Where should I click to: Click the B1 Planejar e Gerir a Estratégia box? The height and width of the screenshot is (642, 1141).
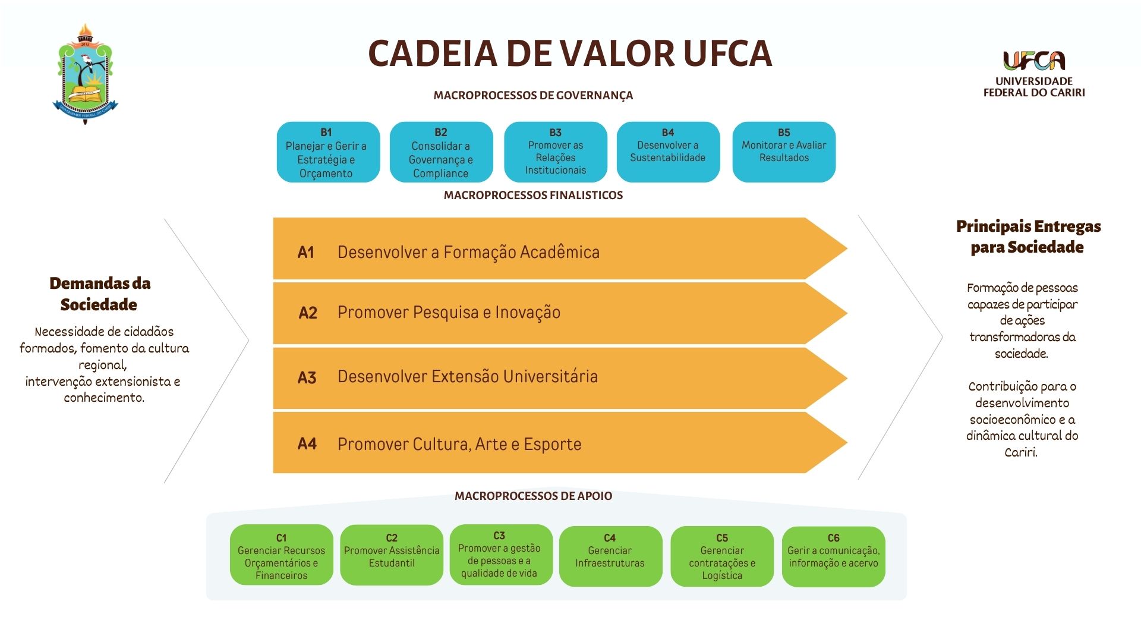328,152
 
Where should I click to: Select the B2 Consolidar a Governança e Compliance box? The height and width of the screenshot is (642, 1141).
441,152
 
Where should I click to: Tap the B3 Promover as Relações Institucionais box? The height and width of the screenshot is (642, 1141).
555,152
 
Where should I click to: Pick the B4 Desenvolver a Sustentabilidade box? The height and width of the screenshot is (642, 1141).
668,152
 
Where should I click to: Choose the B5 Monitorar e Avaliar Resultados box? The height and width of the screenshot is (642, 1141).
784,152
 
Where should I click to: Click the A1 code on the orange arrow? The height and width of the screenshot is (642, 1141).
305,253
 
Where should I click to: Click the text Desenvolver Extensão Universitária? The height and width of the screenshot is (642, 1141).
467,377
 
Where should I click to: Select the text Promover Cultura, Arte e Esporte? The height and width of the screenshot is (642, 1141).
459,444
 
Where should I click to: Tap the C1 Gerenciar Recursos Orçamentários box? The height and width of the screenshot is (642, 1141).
281,555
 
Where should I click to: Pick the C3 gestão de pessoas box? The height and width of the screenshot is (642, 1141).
499,554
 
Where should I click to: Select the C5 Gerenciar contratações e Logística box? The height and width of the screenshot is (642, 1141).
722,556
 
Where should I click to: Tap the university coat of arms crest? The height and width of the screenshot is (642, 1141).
86,74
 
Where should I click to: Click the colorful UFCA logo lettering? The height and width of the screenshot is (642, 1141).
1034,61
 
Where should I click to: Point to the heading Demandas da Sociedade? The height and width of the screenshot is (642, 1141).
100,294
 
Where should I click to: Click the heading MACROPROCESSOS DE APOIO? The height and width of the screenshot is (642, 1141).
533,496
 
